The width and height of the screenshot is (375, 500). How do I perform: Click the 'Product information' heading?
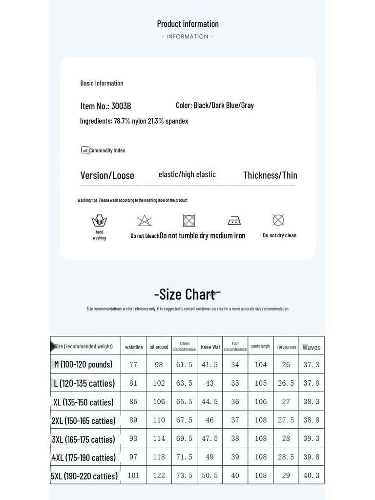point(187,23)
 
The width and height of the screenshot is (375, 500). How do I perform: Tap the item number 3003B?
point(121,106)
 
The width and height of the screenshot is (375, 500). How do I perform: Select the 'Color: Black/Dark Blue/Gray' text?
point(215,105)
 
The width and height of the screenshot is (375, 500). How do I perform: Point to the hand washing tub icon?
point(99,221)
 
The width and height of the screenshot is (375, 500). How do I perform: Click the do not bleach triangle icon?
point(145,221)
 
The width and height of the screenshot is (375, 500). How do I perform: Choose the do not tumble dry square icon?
point(189,221)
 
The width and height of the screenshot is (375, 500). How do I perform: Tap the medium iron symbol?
point(234,220)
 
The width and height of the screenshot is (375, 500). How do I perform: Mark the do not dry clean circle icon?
point(278,220)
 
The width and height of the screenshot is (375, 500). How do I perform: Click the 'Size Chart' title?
point(187,294)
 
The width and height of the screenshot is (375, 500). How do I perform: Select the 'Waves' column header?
point(312,347)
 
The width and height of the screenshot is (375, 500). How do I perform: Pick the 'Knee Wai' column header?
point(210,347)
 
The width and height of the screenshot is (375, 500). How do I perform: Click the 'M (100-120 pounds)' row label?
point(83,364)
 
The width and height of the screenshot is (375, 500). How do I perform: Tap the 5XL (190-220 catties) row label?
point(85,476)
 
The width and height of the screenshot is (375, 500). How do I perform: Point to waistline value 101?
point(133,476)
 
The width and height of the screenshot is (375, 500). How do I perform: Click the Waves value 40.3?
point(312,476)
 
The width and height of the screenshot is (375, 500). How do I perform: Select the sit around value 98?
point(159,365)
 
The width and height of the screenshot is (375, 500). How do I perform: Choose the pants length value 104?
point(261,365)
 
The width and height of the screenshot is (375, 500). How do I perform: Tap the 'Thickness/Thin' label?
point(270,175)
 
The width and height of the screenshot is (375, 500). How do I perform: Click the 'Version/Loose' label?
point(107,175)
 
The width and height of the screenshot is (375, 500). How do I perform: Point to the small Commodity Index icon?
point(85,150)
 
